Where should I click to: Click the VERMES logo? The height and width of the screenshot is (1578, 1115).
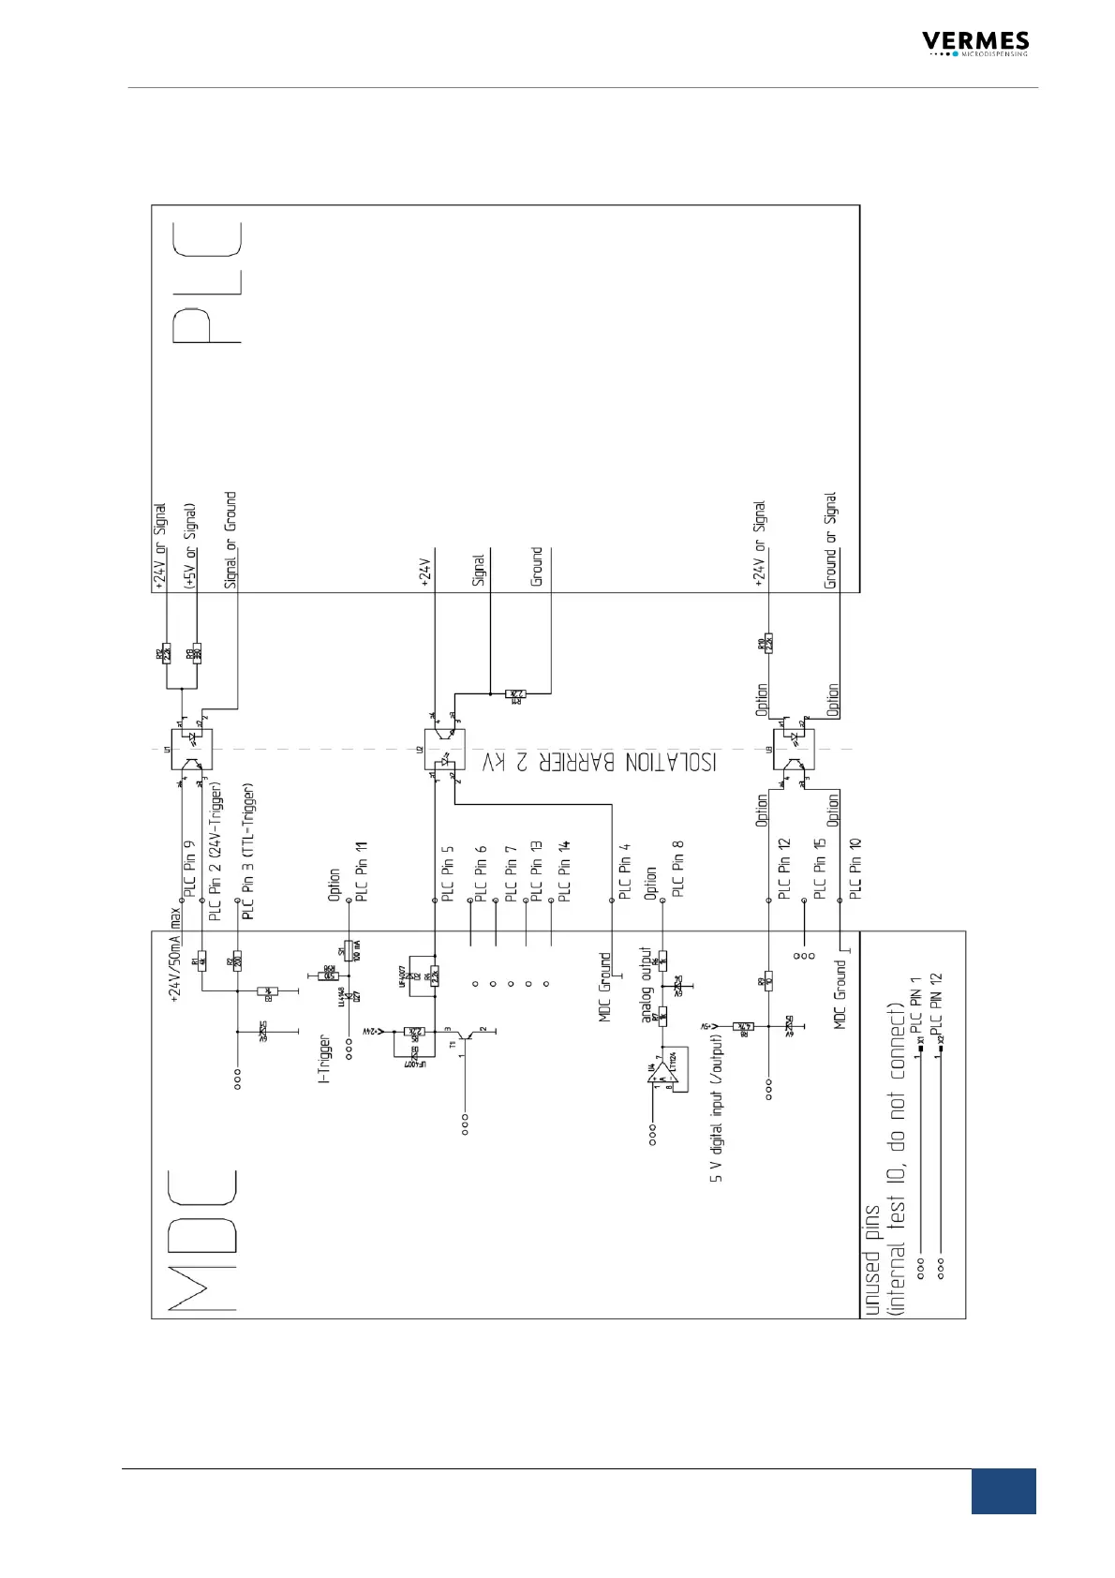(974, 43)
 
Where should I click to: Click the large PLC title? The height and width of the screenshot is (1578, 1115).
(207, 281)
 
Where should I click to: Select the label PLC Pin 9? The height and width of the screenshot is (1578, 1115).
(190, 870)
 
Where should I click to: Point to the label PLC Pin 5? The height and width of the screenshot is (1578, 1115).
(448, 873)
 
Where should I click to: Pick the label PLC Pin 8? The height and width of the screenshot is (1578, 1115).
(678, 869)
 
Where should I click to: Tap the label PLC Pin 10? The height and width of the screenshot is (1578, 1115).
(855, 869)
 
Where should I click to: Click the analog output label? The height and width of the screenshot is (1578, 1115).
(646, 984)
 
